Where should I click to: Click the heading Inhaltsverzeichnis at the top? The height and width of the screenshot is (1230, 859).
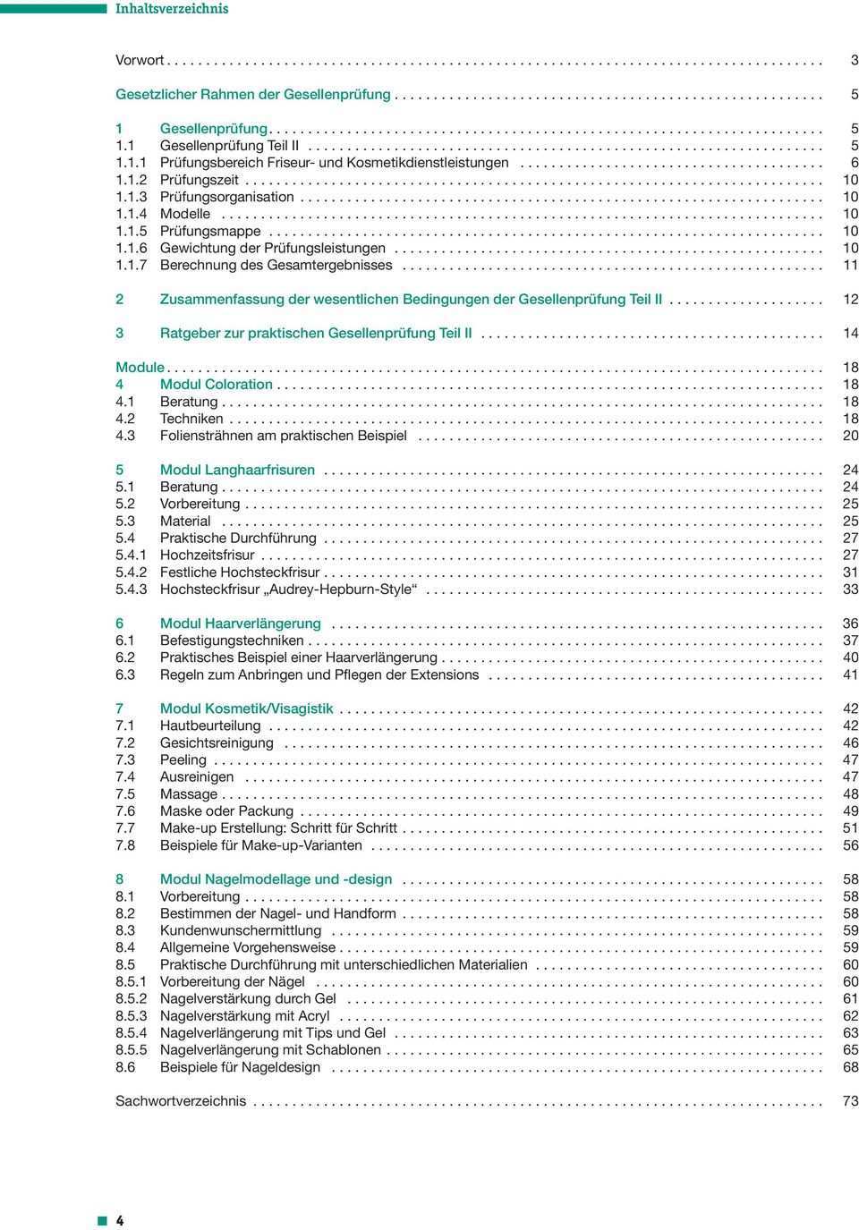[172, 9]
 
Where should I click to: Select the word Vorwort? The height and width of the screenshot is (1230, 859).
[140, 60]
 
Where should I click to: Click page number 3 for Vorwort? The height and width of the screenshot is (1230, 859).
[855, 60]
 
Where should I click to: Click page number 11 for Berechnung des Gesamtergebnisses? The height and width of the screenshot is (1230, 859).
[851, 265]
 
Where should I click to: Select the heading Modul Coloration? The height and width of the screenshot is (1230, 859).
[216, 384]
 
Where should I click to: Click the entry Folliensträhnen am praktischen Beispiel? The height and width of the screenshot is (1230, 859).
[283, 436]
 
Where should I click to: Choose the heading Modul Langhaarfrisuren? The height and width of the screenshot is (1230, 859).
[237, 469]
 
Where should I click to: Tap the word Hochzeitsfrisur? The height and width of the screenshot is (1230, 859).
[207, 555]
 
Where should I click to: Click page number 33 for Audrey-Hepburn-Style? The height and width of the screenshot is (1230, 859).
[851, 589]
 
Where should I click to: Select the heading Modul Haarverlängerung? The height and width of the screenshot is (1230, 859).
[240, 623]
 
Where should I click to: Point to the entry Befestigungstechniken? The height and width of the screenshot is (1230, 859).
[232, 640]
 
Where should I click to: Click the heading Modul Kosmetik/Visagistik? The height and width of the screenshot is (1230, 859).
[246, 708]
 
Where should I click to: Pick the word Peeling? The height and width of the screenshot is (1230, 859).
[183, 759]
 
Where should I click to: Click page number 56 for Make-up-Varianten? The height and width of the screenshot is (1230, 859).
[851, 844]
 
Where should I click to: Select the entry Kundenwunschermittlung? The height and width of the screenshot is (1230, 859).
[228, 930]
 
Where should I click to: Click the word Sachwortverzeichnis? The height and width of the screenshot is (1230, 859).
[181, 1101]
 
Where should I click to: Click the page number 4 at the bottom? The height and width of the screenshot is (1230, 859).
[120, 1221]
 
